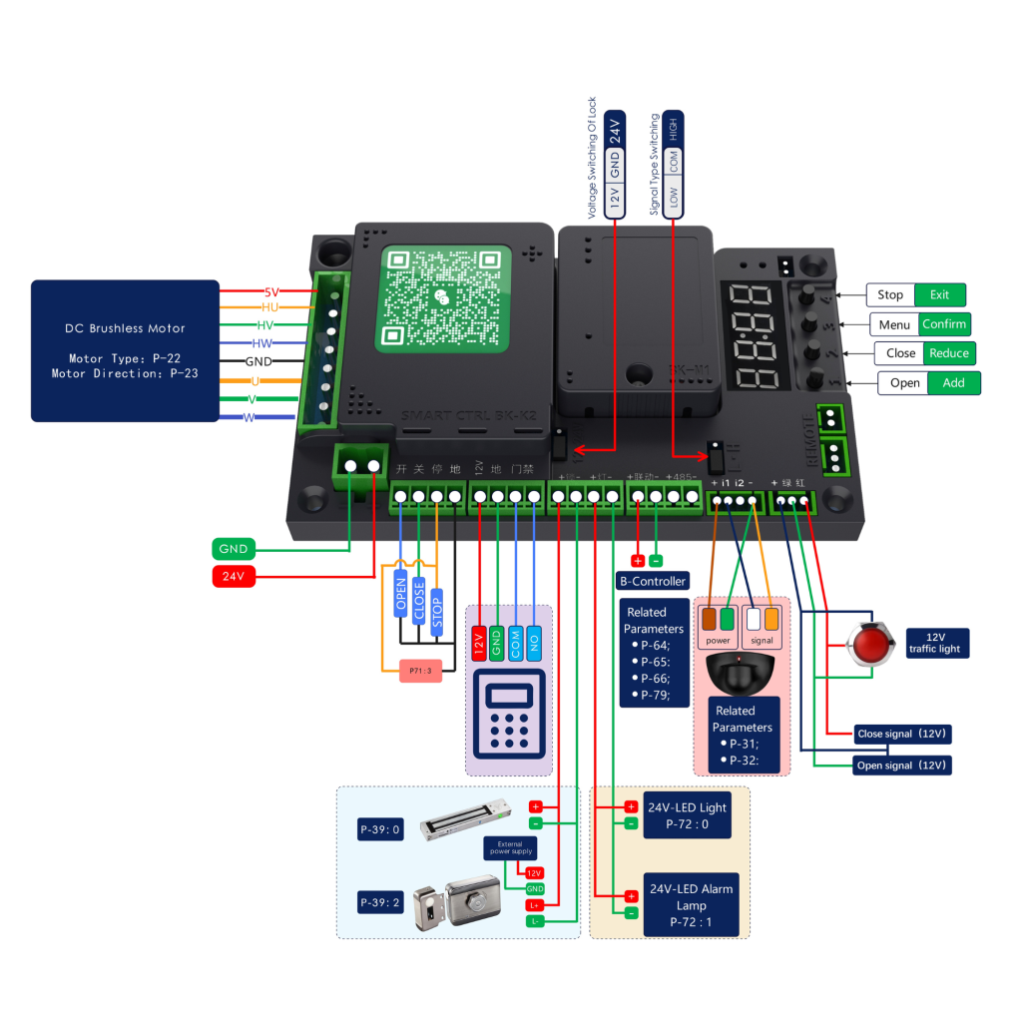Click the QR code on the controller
point(443,298)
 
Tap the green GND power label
point(234,548)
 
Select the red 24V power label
point(234,576)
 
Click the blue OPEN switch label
point(401,594)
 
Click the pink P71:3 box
point(418,671)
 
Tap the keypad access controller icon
point(509,711)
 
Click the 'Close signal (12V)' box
point(901,734)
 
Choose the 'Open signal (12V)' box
point(901,766)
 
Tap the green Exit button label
point(940,294)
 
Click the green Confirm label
point(943,324)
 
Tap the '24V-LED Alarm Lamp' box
point(691,905)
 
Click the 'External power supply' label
point(510,848)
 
